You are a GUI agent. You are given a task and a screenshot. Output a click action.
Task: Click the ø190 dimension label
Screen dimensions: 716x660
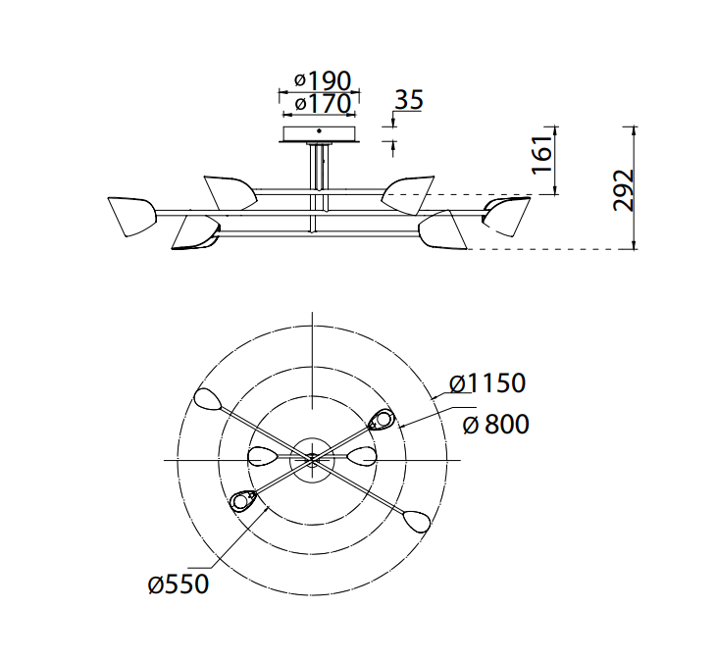(323, 80)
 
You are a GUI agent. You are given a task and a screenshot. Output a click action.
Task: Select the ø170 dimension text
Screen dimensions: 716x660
(323, 103)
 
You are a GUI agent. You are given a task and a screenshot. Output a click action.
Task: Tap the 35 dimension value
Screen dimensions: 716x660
(409, 99)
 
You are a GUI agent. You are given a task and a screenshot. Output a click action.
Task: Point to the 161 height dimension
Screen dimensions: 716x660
(542, 155)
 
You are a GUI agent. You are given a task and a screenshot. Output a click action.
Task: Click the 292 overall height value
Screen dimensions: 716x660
(624, 190)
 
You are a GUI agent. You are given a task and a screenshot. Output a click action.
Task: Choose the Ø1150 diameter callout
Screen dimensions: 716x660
(487, 382)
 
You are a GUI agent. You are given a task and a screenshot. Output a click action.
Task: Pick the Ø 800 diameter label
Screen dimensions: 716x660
(496, 424)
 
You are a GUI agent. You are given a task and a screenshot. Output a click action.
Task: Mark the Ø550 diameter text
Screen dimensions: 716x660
(179, 584)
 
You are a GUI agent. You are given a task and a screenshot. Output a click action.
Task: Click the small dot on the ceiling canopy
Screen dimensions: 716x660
(319, 131)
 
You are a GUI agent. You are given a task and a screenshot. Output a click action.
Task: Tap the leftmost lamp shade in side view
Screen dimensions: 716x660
(131, 217)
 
